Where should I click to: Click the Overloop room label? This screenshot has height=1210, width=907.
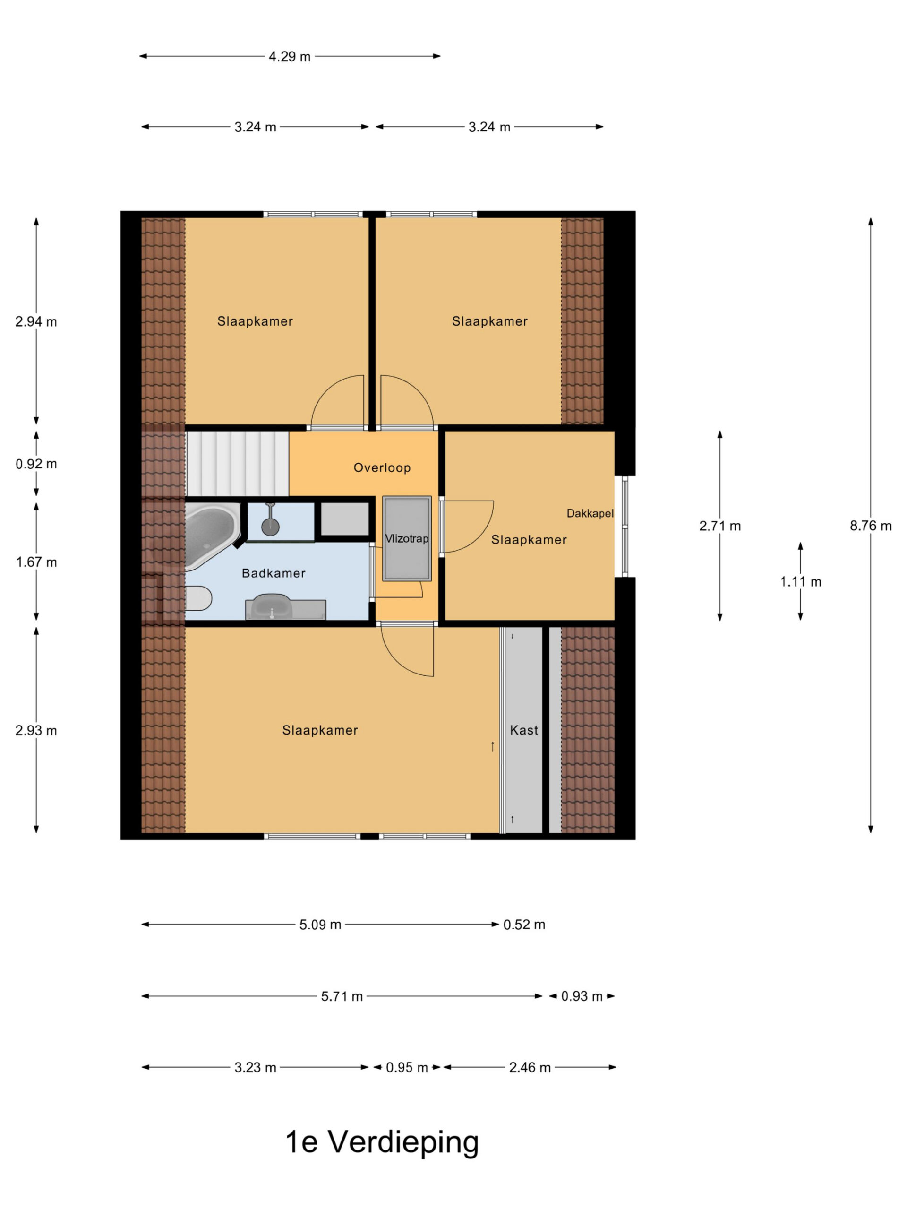(382, 468)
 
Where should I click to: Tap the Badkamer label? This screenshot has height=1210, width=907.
(274, 573)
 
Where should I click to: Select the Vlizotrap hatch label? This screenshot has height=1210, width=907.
(407, 539)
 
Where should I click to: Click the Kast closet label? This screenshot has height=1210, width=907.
(524, 730)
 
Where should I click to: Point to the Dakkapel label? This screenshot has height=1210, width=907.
(590, 514)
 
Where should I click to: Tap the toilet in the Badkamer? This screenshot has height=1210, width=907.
(198, 598)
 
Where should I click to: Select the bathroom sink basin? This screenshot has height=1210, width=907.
(272, 606)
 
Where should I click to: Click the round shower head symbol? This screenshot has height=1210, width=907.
(271, 527)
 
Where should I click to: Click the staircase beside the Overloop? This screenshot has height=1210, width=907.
(237, 464)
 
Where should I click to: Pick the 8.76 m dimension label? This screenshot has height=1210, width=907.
(870, 526)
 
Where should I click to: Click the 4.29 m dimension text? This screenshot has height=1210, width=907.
(289, 57)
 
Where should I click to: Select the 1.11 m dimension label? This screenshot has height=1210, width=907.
(800, 582)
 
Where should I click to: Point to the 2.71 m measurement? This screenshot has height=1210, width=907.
(719, 526)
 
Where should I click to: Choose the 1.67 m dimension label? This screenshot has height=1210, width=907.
(36, 562)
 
